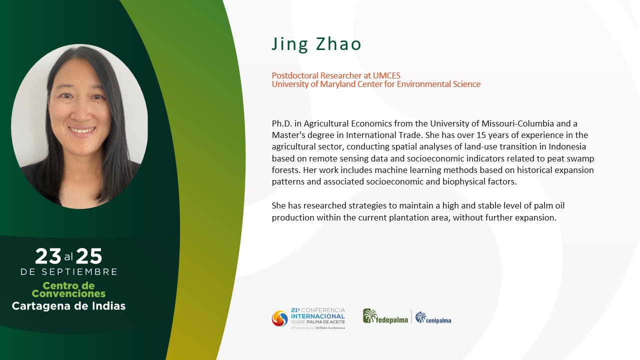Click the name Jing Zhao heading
316,44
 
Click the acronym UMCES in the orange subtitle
386,75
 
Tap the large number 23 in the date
48,256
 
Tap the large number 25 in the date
89,256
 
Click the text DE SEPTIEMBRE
69,272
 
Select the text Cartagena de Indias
68,306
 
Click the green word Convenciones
68,293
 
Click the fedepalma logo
385,316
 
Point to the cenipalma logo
433,318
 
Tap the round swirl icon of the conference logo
279,318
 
